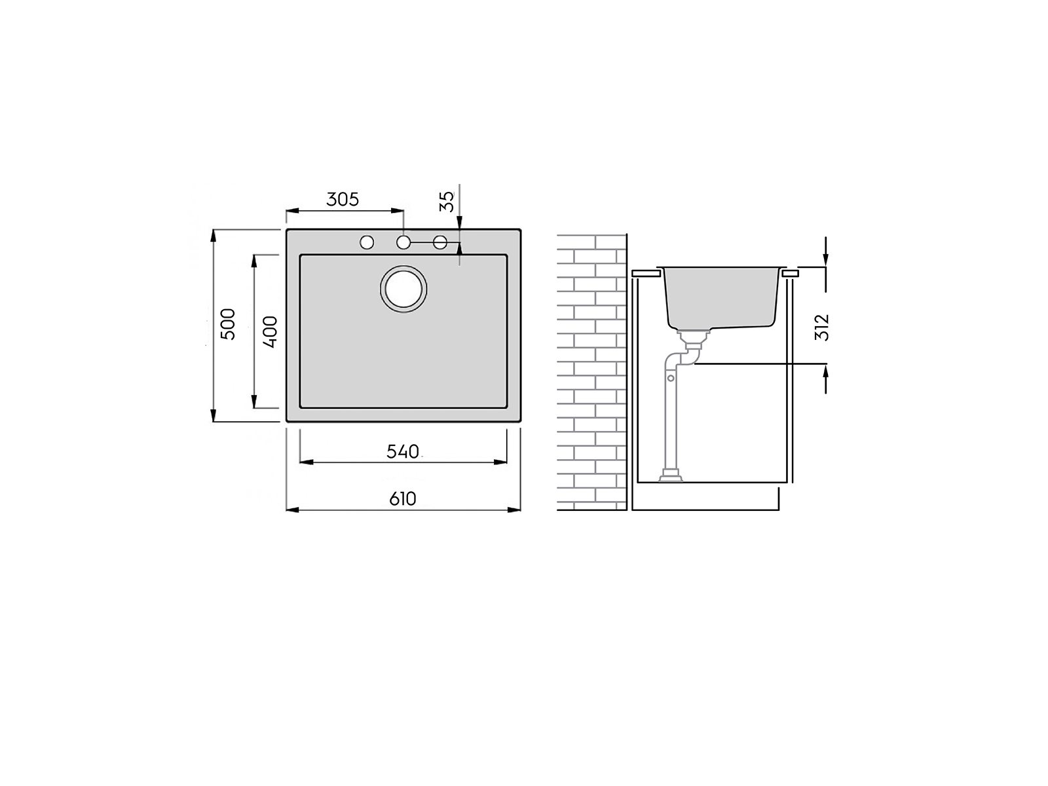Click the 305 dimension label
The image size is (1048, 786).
343,199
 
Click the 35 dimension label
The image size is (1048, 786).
447,201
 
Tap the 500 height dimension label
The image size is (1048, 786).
228,324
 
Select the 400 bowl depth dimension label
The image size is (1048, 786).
270,331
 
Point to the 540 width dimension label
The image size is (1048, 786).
402,451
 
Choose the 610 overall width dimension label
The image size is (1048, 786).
402,499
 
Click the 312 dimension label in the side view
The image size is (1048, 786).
821,327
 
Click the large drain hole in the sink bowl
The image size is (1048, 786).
403,290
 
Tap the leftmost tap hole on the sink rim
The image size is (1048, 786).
367,242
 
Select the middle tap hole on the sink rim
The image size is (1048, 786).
403,242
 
